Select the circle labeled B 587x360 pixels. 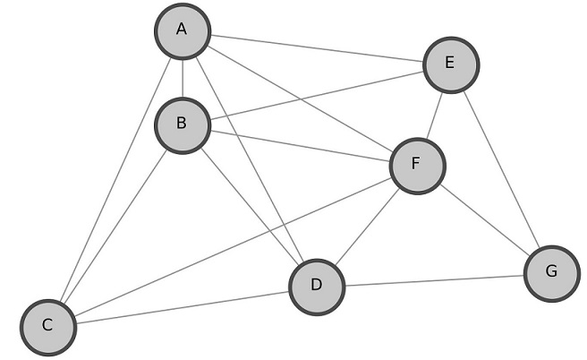coord(183,124)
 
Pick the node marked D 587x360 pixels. coord(317,287)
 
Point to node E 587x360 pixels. coord(451,64)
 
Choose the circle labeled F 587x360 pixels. coord(417,166)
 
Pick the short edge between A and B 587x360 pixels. coord(183,78)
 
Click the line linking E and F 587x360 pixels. coord(434,115)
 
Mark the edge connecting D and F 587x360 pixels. coord(367,226)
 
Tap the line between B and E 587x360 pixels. coord(317,94)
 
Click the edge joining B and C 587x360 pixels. coord(115,226)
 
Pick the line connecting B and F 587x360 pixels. coord(300,145)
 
